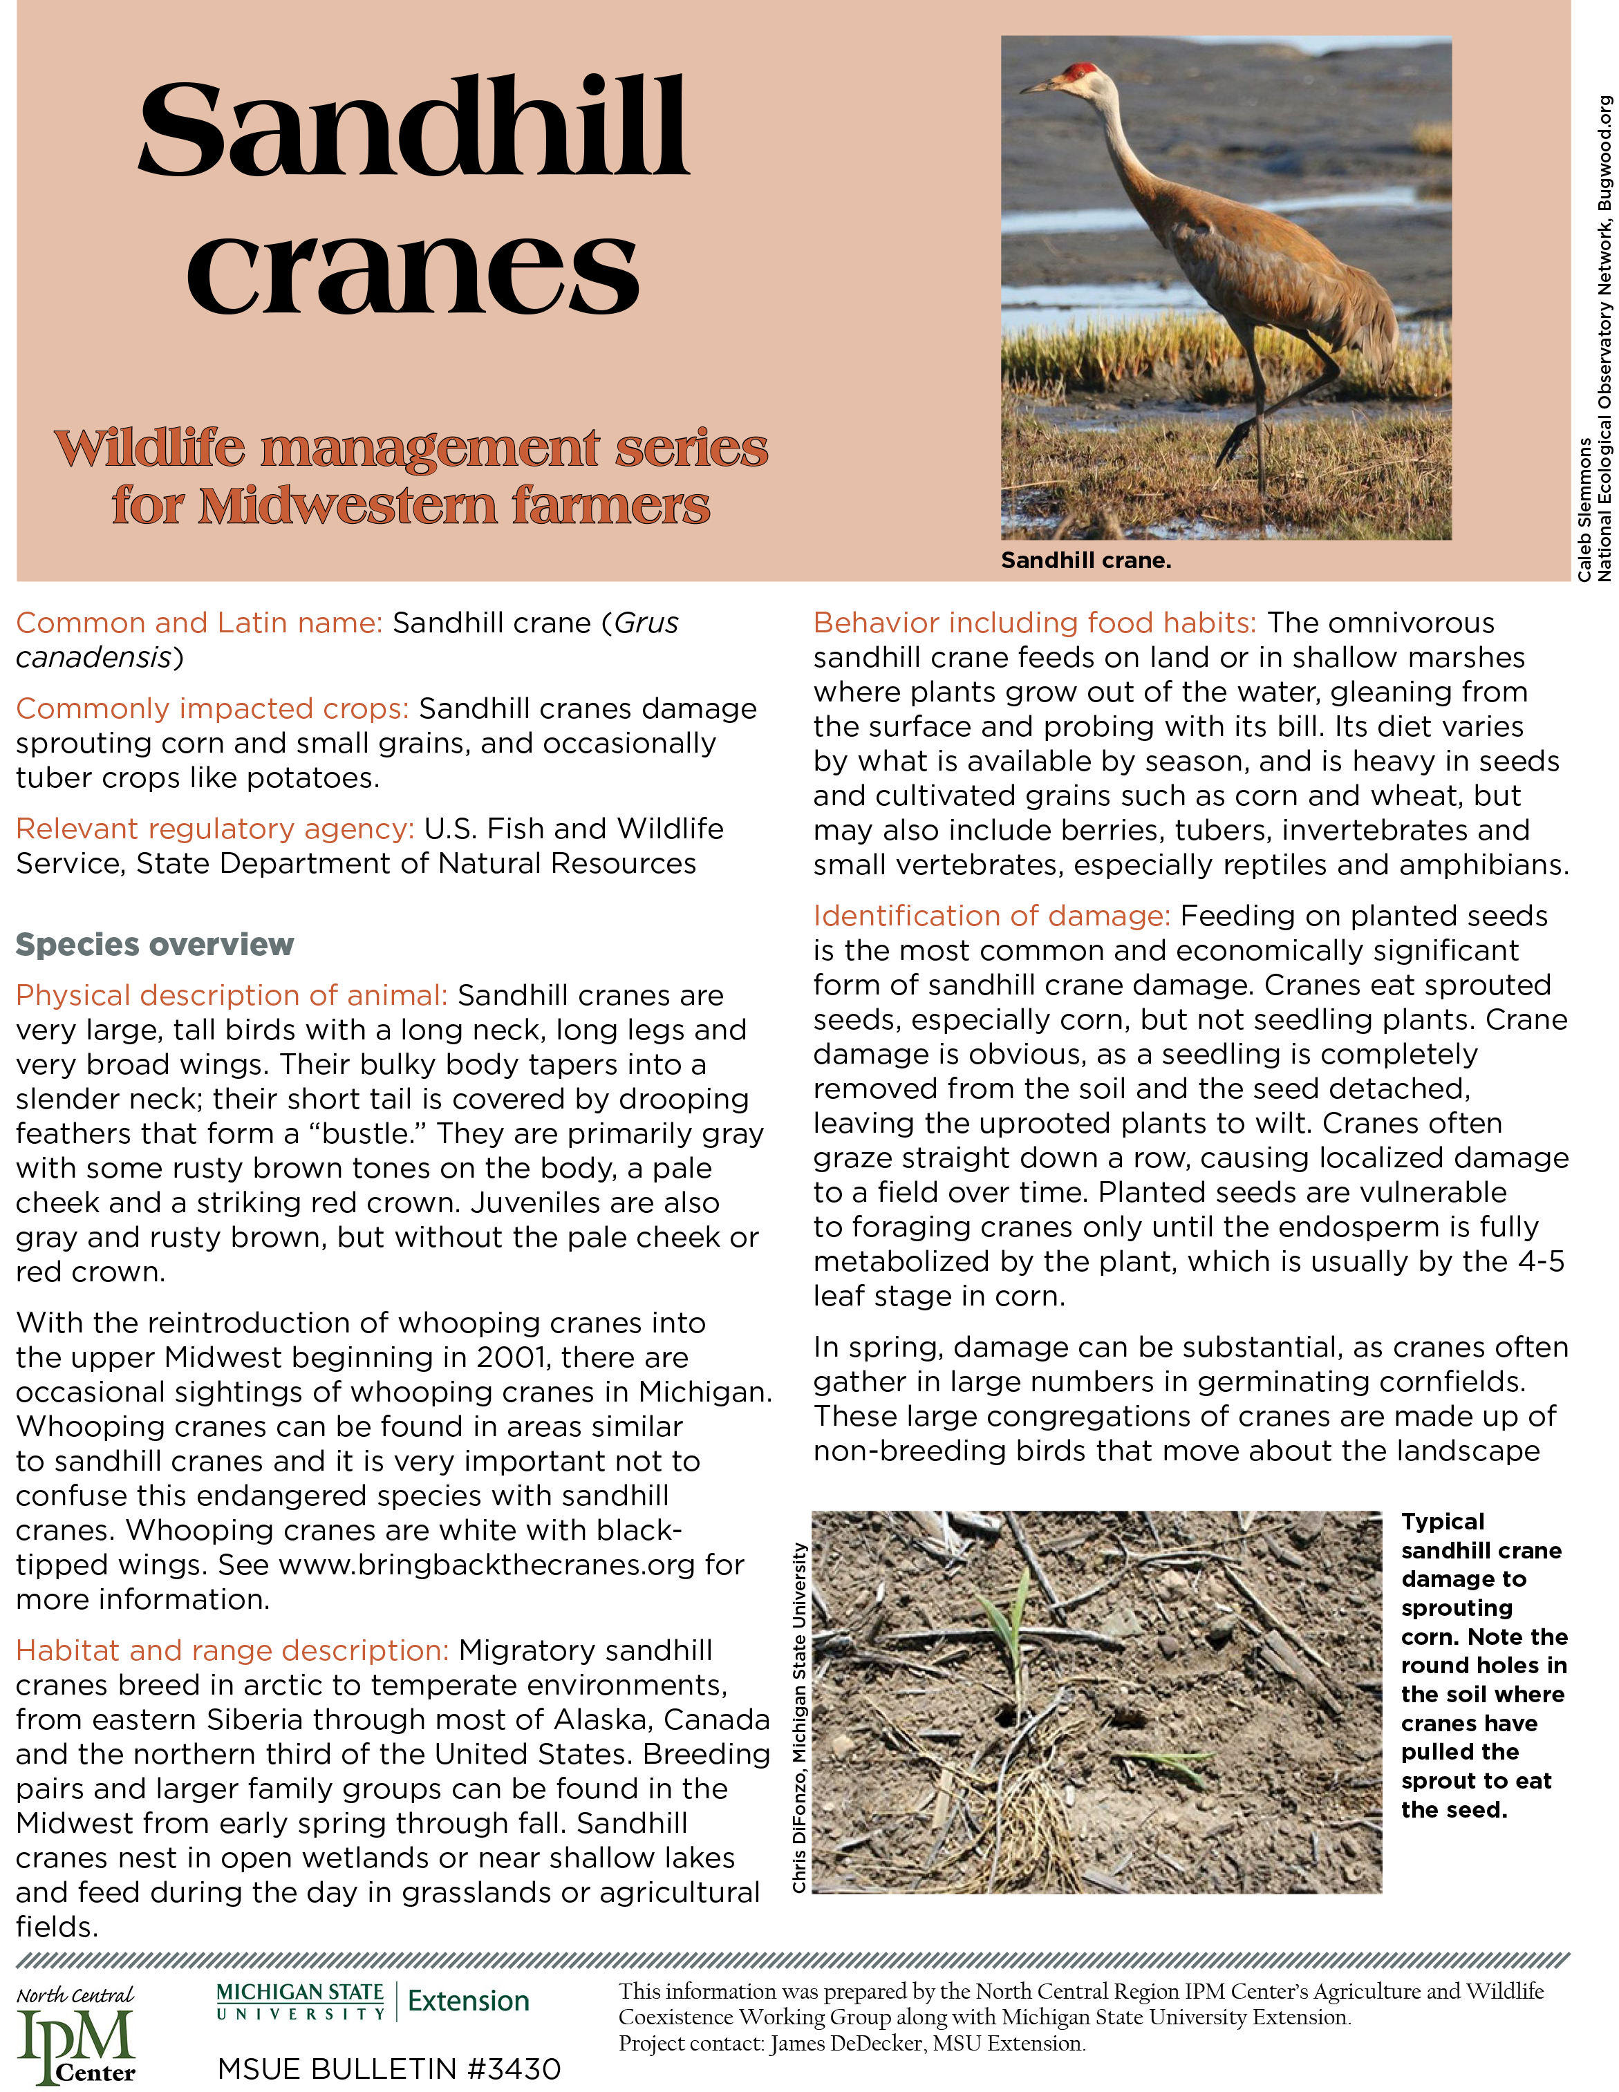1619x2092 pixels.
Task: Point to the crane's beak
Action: click(1040, 87)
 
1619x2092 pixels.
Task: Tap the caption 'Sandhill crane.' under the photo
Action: click(1085, 560)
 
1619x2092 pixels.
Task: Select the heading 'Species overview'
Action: click(154, 945)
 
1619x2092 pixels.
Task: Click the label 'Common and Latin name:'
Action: click(199, 623)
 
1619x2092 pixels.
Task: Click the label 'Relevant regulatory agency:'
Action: click(214, 829)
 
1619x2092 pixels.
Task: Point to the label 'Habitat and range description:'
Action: click(232, 1650)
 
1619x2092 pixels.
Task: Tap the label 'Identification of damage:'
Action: click(991, 916)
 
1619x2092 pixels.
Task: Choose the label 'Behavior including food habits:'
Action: click(1035, 623)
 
